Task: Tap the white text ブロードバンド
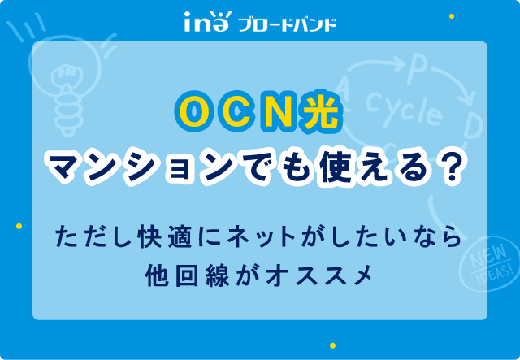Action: coord(287,25)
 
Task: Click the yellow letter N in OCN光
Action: coord(279,113)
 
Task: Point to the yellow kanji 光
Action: coord(319,113)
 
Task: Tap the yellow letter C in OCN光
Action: coord(236,112)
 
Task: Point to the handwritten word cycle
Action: coord(405,109)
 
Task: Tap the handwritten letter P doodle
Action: coord(415,71)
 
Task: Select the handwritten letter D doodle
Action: coord(472,125)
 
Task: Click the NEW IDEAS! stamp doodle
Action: coord(490,264)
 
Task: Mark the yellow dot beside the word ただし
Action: coord(19,226)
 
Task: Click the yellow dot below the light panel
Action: coord(332,345)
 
